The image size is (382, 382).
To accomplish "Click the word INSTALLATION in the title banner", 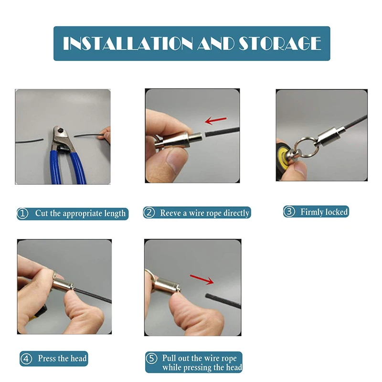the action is click(x=127, y=43).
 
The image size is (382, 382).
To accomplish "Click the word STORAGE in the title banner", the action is click(x=280, y=43).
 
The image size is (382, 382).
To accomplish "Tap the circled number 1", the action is click(x=22, y=213).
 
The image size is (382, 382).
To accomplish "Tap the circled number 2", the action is click(x=149, y=212).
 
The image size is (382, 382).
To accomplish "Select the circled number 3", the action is click(x=289, y=212).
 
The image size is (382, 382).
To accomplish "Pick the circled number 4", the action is click(x=26, y=359).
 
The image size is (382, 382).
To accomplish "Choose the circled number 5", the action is click(x=151, y=359).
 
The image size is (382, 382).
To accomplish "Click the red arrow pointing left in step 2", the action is click(x=216, y=120).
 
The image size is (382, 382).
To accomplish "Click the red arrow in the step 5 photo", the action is click(x=202, y=279).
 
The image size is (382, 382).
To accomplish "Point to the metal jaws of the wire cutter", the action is click(x=61, y=139).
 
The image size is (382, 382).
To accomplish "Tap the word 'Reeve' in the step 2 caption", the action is click(x=170, y=213).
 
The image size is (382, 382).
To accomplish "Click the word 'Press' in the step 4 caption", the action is click(x=47, y=359).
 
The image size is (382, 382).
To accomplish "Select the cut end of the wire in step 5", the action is click(x=207, y=296).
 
